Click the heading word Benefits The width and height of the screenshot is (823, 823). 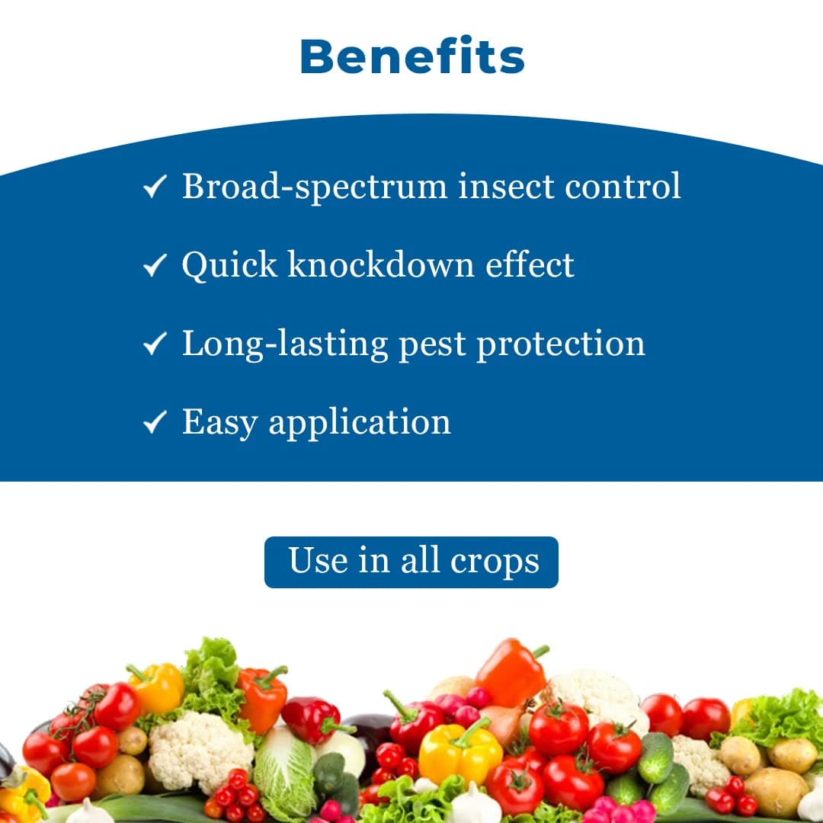pos(411,57)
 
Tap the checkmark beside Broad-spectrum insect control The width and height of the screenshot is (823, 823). pos(155,187)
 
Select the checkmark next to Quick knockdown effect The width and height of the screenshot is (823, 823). pos(155,265)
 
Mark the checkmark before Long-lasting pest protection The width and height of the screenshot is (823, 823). pos(155,344)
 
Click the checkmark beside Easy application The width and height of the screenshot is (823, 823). pos(155,422)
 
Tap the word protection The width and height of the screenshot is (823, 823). pos(561,344)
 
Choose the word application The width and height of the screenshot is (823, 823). pos(360,424)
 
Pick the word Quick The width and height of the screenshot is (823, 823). pos(229,265)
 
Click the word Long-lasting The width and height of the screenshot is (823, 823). pos(284,344)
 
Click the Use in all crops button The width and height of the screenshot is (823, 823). pos(411,562)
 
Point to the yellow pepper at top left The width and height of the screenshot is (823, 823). pos(157,686)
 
